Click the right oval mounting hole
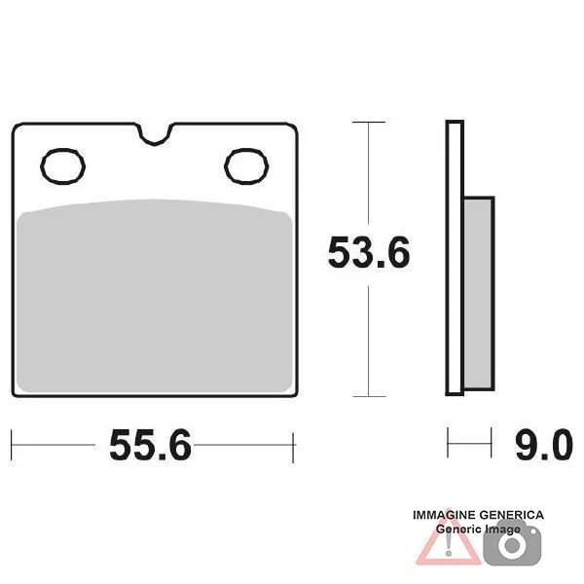click(x=244, y=166)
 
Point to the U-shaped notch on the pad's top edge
click(x=155, y=134)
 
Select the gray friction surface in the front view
click(x=156, y=297)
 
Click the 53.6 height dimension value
click(x=368, y=255)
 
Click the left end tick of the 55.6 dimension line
click(x=12, y=446)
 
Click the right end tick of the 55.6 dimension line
click(x=294, y=446)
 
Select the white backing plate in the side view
click(x=455, y=258)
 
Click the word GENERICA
click(x=513, y=514)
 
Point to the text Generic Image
click(x=479, y=528)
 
